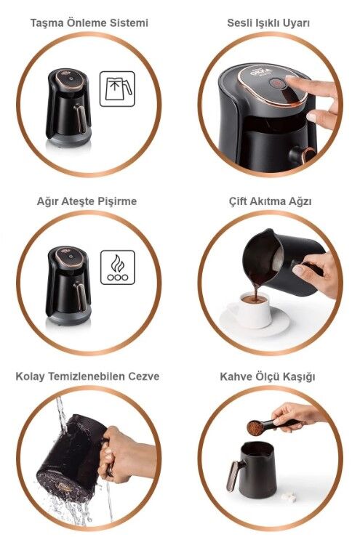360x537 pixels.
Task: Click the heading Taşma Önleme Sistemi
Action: (89, 23)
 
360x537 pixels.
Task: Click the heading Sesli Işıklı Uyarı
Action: (268, 23)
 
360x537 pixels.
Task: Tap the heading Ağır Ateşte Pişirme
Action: (87, 201)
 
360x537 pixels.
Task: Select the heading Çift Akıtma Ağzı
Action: (270, 201)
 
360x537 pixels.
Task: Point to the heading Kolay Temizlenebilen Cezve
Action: (87, 376)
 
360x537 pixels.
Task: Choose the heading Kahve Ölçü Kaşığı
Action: (268, 376)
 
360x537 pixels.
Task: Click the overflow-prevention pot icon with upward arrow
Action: (117, 89)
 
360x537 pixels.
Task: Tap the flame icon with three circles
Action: (118, 267)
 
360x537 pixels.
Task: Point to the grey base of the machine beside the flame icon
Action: (68, 318)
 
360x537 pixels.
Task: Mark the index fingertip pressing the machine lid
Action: (289, 79)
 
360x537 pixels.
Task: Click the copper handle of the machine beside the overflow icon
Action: (81, 118)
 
